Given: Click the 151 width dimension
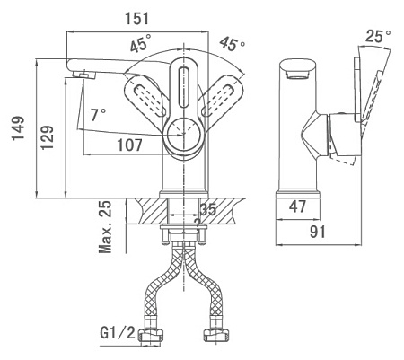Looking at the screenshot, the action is tap(136, 19).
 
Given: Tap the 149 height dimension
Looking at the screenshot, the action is tap(18, 128).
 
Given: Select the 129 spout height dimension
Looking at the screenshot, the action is tap(48, 137).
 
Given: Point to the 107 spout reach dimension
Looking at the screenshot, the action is tap(129, 145).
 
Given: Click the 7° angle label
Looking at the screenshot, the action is tap(98, 115).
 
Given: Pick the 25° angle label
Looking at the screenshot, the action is tap(378, 37).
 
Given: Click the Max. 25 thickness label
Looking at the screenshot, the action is tap(105, 227).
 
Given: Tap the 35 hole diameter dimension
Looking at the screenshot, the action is tap(208, 209).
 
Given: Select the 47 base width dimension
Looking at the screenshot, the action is tap(297, 206).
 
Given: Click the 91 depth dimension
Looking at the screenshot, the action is tap(317, 232).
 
